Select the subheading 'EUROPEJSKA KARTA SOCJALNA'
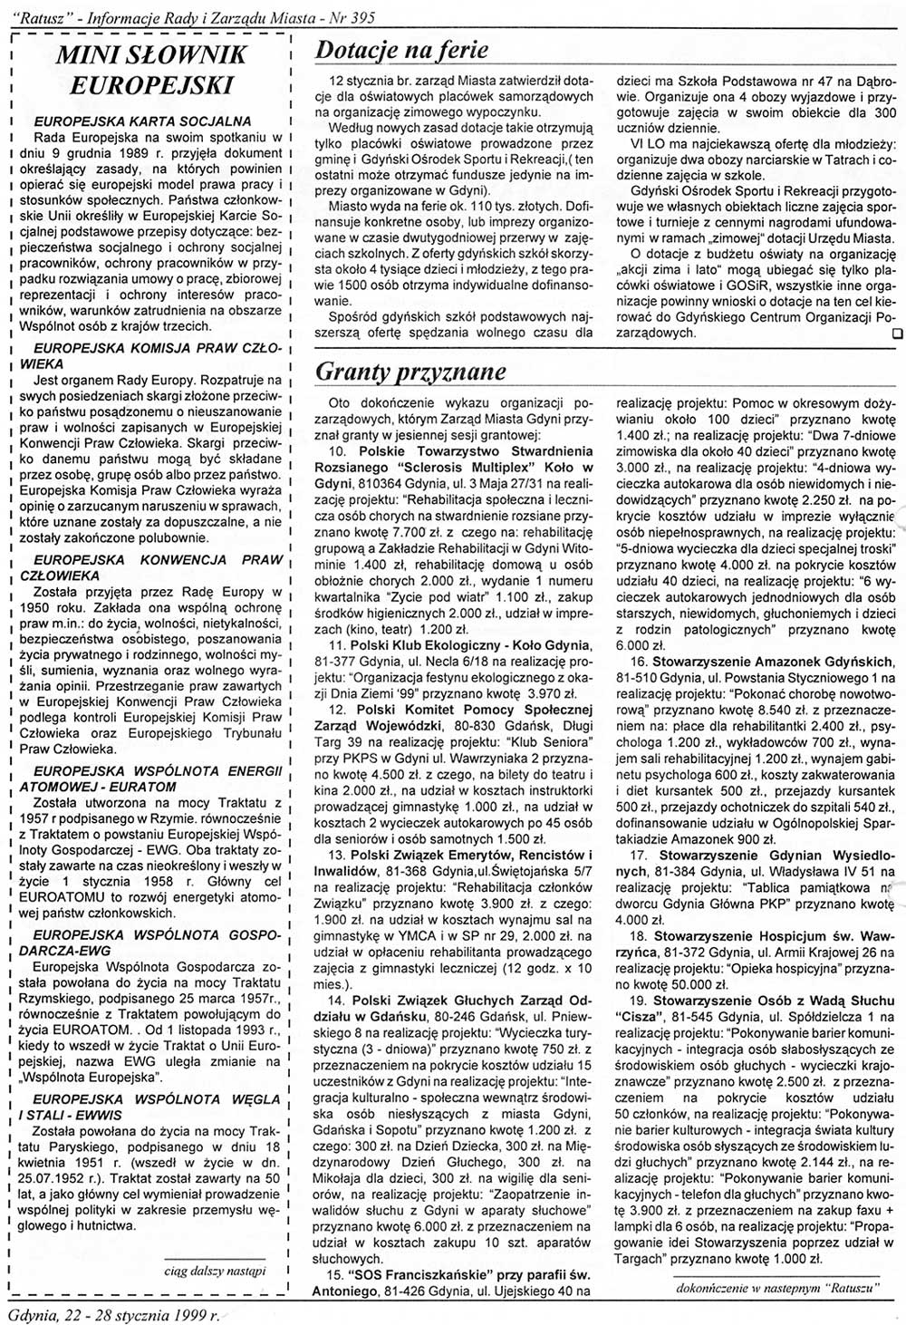click(142, 121)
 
